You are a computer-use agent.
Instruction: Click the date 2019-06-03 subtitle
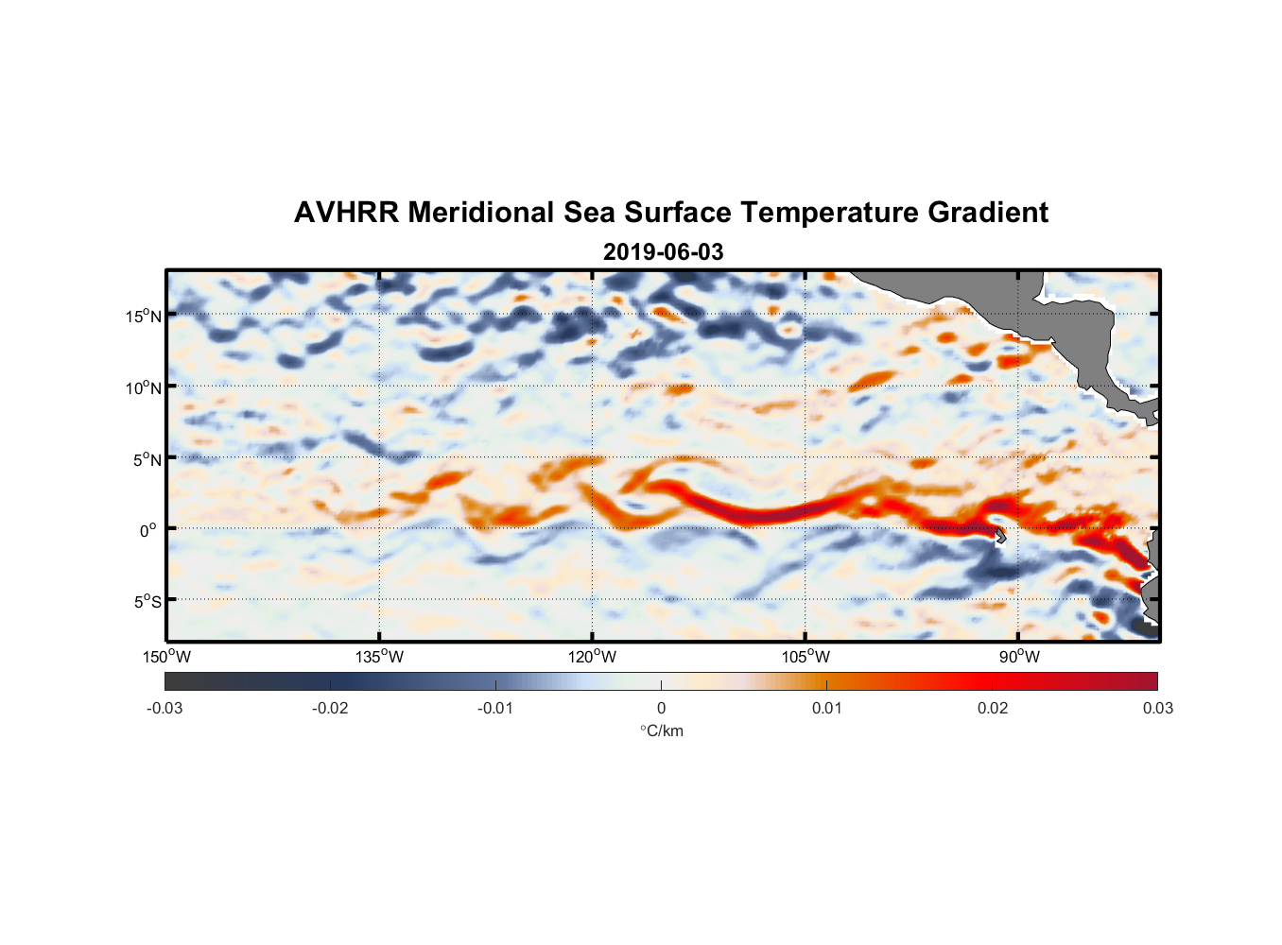point(663,252)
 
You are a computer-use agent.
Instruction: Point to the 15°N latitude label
point(144,316)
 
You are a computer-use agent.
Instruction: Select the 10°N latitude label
point(144,387)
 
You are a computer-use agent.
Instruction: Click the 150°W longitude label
point(166,657)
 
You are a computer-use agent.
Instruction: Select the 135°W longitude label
point(379,657)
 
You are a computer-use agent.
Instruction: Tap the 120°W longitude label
point(592,657)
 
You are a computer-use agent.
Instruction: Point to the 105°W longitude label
point(806,657)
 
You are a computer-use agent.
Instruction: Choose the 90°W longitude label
point(1019,657)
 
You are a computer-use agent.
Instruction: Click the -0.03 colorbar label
point(165,709)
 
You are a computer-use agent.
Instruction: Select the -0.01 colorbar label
point(494,709)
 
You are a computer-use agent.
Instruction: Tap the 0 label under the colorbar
point(661,709)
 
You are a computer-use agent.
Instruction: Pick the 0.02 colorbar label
point(993,709)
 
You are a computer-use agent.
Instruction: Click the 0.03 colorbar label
point(1157,709)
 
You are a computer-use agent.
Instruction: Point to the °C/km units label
point(662,730)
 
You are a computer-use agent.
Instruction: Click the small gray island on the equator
point(1000,536)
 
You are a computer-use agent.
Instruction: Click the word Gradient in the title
point(987,213)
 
